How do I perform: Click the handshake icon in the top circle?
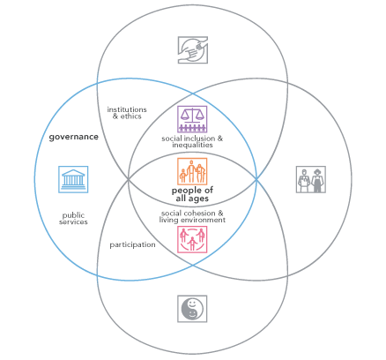(x=193, y=50)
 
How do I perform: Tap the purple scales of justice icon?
(x=192, y=119)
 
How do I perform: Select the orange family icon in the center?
(x=192, y=171)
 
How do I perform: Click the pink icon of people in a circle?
(x=192, y=239)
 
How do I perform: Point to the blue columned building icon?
(x=73, y=179)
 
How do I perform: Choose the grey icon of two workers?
(x=311, y=179)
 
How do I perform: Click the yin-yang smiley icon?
(x=192, y=309)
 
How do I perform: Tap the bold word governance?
(x=74, y=137)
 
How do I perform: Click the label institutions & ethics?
(x=127, y=113)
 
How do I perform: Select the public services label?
(x=73, y=219)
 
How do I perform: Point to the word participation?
(x=132, y=244)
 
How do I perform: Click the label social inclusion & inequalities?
(x=192, y=141)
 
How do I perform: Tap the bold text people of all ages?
(x=192, y=194)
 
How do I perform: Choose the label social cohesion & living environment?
(x=192, y=217)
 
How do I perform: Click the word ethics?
(x=131, y=116)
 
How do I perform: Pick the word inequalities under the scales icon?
(x=192, y=145)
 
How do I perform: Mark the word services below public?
(x=73, y=222)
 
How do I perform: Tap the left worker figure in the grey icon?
(x=304, y=181)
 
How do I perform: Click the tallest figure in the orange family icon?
(x=191, y=172)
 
